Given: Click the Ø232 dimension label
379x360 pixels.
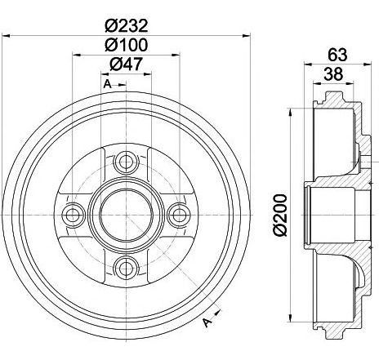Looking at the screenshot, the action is click(127, 26).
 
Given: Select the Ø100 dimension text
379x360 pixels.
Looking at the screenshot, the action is click(127, 45).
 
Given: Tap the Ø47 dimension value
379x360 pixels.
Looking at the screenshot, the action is click(126, 64).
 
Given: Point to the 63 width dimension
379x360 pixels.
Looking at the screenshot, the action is click(337, 55).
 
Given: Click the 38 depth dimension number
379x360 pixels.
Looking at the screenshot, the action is click(333, 74).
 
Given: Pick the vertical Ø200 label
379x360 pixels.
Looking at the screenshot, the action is click(280, 216).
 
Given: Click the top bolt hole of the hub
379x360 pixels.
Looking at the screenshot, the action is click(126, 162).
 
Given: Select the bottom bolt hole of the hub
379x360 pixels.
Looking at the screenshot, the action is click(126, 269).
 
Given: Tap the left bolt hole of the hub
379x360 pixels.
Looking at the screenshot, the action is click(73, 216).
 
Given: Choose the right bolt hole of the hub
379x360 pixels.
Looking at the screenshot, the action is click(180, 216).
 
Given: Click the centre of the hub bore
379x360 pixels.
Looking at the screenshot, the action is click(126, 216).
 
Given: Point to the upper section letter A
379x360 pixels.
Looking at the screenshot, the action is click(108, 84).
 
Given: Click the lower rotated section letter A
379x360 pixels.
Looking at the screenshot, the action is click(207, 322).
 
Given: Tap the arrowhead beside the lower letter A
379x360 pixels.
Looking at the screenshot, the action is click(218, 313).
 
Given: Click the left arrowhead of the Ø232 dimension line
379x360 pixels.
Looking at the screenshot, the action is click(6, 36).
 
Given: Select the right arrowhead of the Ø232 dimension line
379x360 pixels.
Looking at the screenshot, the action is click(247, 36).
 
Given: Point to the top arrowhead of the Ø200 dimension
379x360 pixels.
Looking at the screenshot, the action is click(292, 113).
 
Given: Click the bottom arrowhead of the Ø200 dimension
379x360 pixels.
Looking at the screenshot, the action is click(292, 318).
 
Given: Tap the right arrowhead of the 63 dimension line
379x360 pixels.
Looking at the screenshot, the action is click(368, 64).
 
